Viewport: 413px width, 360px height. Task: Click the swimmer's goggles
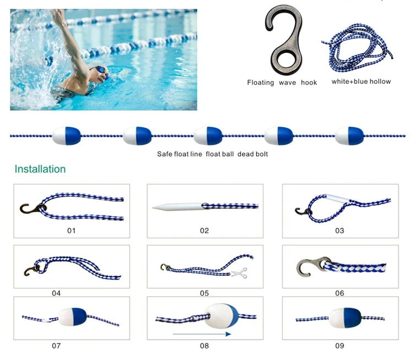(99, 70)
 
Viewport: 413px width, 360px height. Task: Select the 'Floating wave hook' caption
(282, 82)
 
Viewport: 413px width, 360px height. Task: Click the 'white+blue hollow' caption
(361, 82)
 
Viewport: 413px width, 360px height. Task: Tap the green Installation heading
(40, 169)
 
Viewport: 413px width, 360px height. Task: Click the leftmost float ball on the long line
(67, 136)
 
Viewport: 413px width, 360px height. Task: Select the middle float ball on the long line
(208, 136)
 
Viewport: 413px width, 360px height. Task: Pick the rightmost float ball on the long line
(350, 136)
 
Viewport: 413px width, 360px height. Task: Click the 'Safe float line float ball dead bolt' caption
(213, 154)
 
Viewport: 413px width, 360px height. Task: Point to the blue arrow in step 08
(202, 334)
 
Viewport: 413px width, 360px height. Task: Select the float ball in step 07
(72, 317)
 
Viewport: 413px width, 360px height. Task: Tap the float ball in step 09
(345, 318)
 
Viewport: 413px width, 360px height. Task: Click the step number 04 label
(56, 293)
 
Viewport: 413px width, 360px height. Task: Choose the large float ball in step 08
(221, 316)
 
